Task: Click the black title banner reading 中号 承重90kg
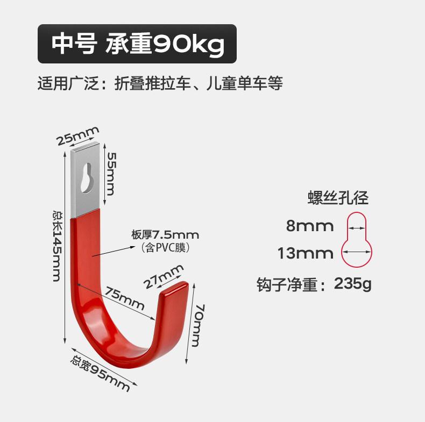[137, 44]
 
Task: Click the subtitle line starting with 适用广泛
[160, 84]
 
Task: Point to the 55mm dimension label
[111, 173]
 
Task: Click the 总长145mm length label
[56, 245]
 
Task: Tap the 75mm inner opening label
[124, 300]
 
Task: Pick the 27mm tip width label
[164, 277]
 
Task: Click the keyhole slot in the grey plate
[88, 177]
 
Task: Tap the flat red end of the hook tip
[173, 290]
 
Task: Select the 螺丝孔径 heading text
[338, 198]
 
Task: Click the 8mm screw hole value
[309, 226]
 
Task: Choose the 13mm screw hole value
[305, 253]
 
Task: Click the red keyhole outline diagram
[357, 240]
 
